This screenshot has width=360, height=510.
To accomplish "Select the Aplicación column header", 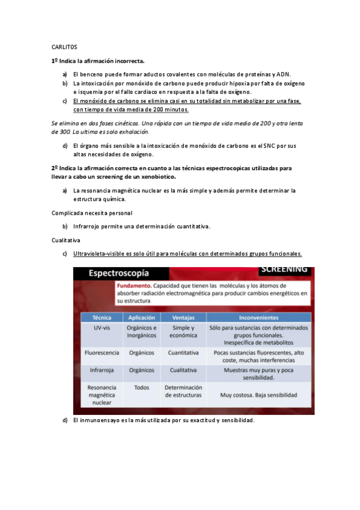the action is (142, 317).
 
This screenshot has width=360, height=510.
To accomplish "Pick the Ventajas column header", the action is (183, 317).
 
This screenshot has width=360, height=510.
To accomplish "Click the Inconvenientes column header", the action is (258, 317).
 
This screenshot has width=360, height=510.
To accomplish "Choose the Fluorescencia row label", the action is (102, 352).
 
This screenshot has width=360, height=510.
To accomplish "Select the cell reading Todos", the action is (142, 388).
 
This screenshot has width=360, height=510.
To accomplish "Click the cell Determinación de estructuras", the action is (183, 392).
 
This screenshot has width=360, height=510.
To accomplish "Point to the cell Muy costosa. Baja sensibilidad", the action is (258, 395).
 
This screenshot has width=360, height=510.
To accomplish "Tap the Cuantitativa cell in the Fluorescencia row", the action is (183, 352).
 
